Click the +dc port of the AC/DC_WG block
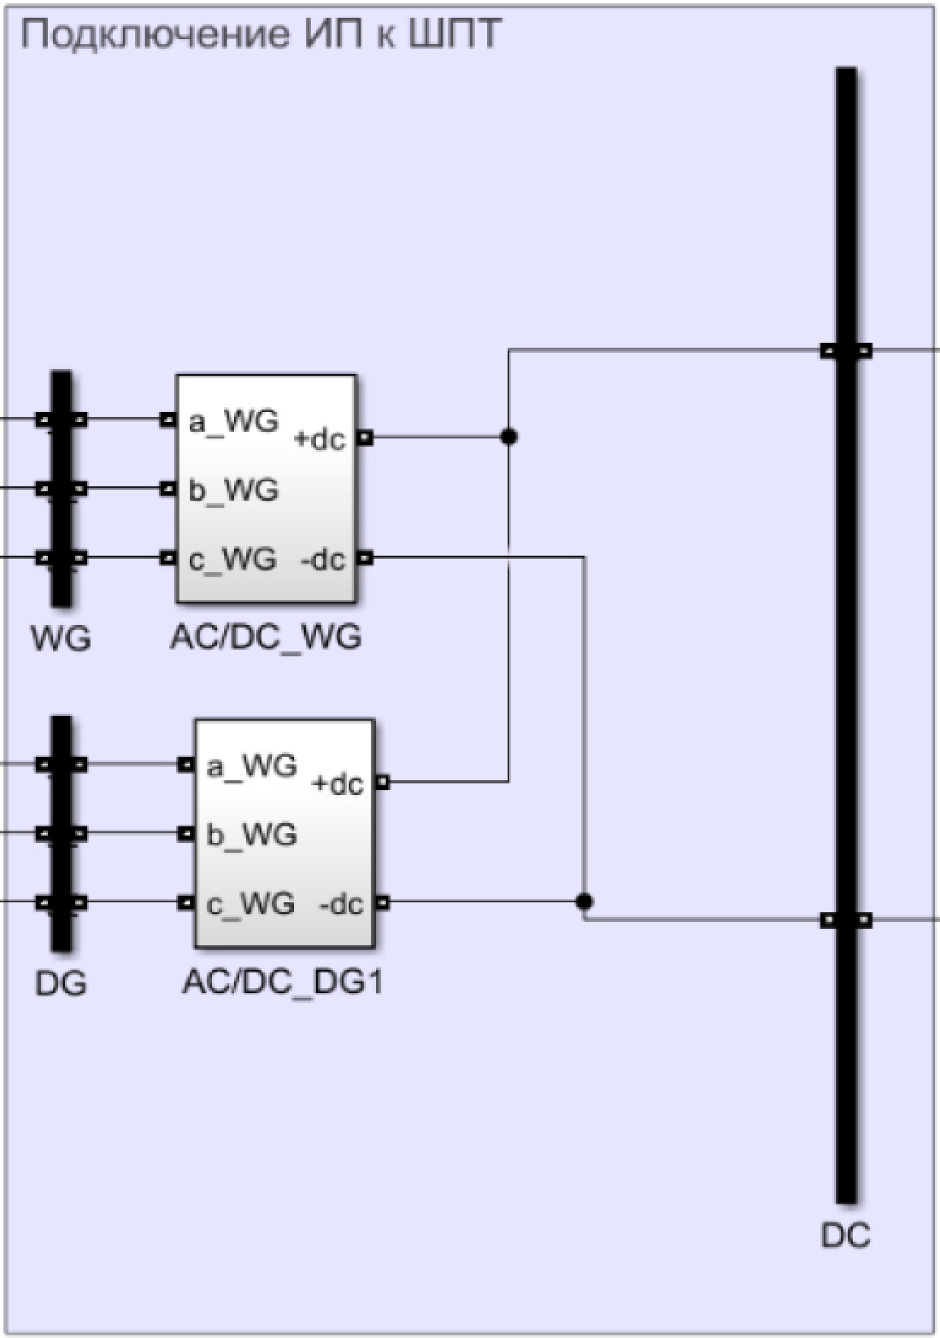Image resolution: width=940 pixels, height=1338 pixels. tap(365, 437)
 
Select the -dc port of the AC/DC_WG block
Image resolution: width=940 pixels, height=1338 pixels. tap(365, 558)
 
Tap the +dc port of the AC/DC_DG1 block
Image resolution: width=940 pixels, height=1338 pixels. tap(382, 782)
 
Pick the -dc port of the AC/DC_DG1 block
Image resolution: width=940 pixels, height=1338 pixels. tap(382, 903)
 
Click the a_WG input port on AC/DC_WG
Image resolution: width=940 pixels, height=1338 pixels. tap(168, 420)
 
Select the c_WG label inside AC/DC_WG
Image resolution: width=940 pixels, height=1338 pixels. tap(232, 560)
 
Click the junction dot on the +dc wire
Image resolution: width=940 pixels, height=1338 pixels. tap(509, 436)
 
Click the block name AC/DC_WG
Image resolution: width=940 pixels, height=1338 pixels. tap(266, 637)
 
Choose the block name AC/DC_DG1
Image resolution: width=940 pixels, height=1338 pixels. tap(283, 982)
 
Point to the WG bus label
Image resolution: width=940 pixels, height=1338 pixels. tap(61, 639)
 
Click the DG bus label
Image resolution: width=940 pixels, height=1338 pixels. tap(61, 984)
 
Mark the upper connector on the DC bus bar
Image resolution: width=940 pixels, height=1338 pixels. tap(846, 351)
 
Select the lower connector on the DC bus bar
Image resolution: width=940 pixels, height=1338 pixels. tap(846, 920)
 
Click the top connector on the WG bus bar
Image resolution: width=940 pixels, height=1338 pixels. tap(61, 420)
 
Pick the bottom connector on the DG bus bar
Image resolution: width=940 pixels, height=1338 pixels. tap(61, 903)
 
